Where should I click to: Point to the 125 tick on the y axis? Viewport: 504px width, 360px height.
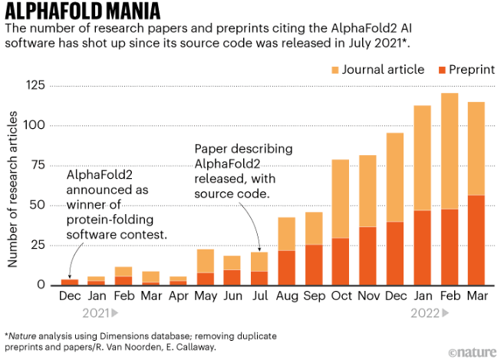click(x=35, y=84)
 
